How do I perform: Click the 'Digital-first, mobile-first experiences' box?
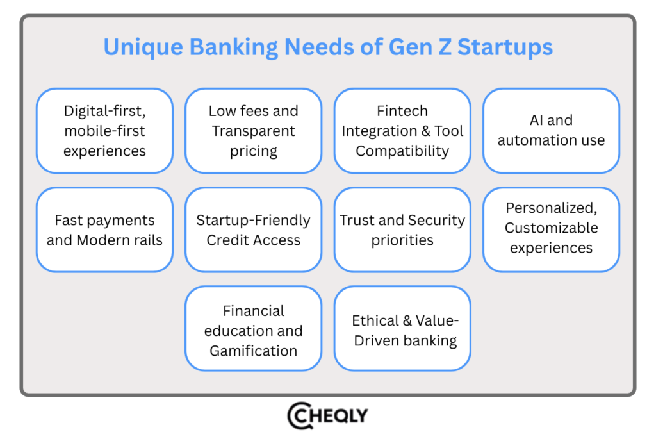click(x=104, y=131)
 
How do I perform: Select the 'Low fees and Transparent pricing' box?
click(x=254, y=131)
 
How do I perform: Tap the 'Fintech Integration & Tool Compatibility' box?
click(x=402, y=131)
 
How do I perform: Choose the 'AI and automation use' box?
click(x=551, y=131)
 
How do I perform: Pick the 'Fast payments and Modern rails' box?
click(x=104, y=230)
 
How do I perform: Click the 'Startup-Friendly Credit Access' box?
click(x=254, y=230)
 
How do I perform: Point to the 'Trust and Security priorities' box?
click(x=402, y=230)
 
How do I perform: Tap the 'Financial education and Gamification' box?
click(x=254, y=329)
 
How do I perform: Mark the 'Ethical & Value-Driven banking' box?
click(x=402, y=329)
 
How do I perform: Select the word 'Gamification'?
click(x=254, y=351)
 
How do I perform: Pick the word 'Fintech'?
click(x=402, y=111)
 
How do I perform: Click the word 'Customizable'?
click(x=551, y=228)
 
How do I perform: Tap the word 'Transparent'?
click(x=254, y=131)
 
